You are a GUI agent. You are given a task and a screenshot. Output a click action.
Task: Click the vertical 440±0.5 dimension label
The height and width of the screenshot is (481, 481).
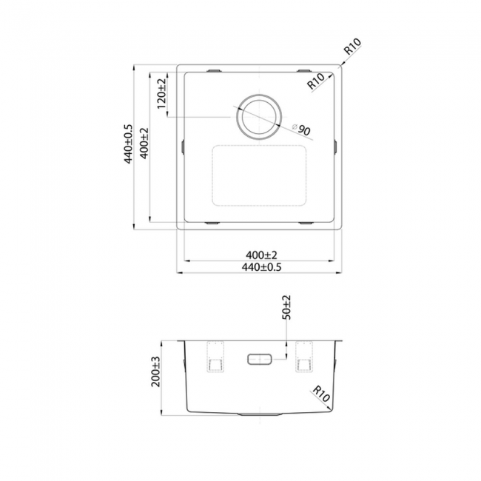pos(128,144)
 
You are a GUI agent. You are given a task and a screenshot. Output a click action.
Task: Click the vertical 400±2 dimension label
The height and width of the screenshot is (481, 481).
pos(144,144)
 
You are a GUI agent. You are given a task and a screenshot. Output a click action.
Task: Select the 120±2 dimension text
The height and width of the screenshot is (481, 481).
pos(161,94)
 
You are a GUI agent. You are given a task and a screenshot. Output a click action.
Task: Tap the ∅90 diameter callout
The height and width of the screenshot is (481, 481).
pos(301,129)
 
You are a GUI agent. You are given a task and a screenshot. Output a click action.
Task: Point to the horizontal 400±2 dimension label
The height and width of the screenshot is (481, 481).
pos(261,255)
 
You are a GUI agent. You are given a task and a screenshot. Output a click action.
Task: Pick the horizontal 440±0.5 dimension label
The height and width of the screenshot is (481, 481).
pos(261,267)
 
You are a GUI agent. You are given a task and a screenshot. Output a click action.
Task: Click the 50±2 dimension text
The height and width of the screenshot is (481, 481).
pos(286,307)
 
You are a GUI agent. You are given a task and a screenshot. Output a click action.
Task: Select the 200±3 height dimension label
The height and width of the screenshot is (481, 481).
pos(156,371)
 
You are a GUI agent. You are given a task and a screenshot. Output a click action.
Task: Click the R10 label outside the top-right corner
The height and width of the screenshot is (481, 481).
pos(352,47)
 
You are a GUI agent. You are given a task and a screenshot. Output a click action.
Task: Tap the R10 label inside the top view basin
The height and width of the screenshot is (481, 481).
pos(316,81)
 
